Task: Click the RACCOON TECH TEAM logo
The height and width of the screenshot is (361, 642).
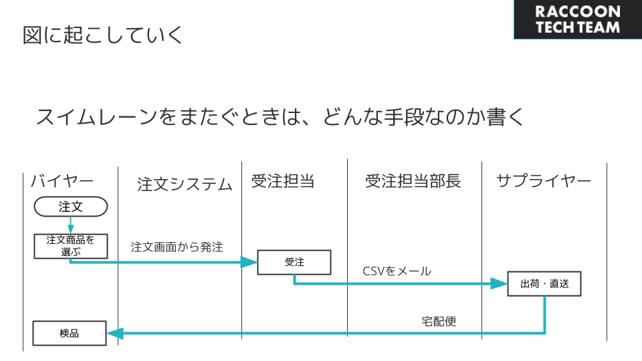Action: (578, 19)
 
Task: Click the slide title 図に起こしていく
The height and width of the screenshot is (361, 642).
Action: (103, 35)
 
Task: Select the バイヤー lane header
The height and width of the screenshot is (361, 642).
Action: (62, 180)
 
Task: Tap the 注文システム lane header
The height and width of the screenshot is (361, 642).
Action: (185, 185)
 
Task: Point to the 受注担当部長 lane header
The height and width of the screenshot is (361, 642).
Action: (413, 181)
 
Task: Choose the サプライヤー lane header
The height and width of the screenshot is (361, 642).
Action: (544, 180)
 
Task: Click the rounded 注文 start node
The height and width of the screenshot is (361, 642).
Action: (71, 207)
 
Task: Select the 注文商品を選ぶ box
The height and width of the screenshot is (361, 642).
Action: (71, 247)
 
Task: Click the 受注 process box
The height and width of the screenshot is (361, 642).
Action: (294, 262)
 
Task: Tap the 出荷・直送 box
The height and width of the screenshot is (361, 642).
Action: (544, 283)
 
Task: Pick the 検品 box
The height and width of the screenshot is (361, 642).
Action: (70, 333)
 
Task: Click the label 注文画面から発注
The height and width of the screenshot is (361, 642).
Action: (177, 247)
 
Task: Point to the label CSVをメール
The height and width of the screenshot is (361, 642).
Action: (397, 271)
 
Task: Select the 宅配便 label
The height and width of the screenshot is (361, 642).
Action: (439, 322)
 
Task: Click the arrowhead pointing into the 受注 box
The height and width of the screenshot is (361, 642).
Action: (249, 262)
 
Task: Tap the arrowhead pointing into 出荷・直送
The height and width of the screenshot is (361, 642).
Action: (499, 283)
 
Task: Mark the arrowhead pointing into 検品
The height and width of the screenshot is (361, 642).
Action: (115, 333)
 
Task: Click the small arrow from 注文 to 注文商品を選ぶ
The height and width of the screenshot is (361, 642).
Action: (71, 225)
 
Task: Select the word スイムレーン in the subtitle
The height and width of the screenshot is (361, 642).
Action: (96, 117)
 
